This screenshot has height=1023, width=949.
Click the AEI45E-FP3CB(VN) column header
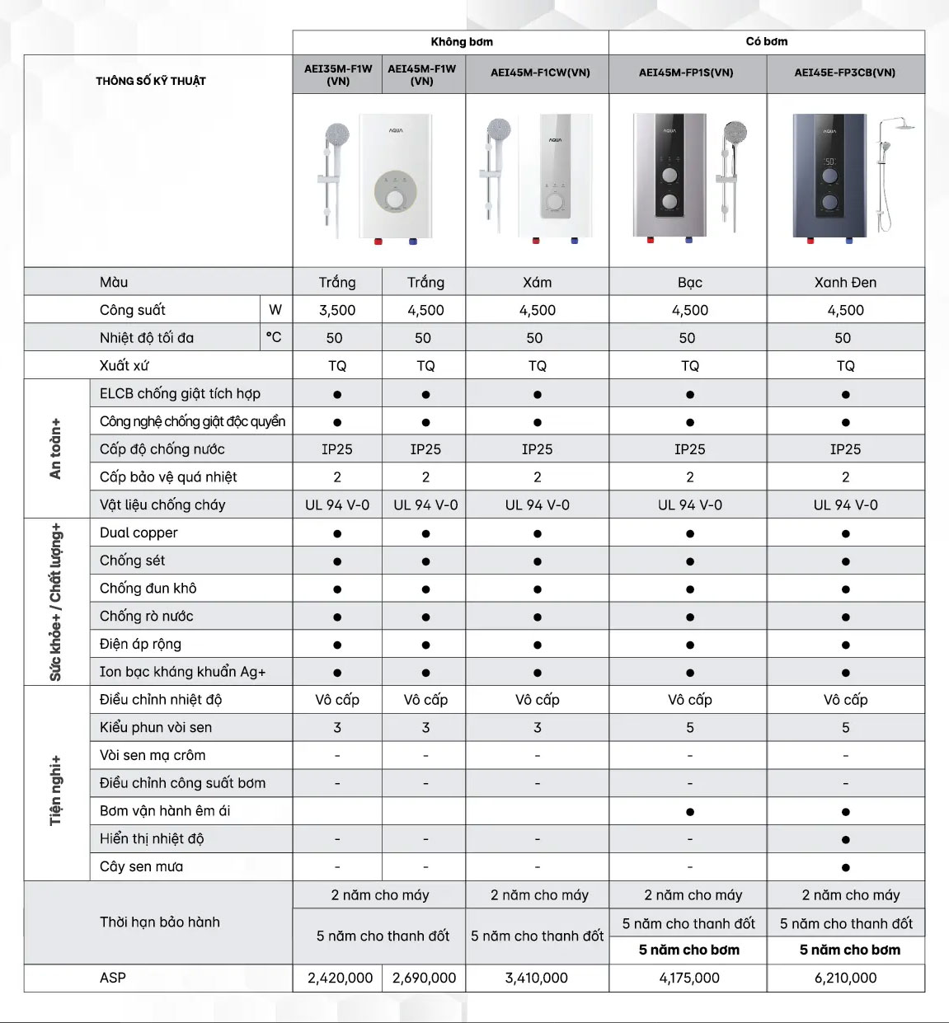[845, 73]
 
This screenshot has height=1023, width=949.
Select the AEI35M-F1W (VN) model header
[338, 74]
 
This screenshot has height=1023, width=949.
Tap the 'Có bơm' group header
[767, 41]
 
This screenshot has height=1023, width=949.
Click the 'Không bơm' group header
[462, 41]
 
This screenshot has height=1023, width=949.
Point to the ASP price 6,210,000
[845, 978]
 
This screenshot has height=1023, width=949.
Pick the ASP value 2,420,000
[341, 978]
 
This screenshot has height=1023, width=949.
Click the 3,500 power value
[337, 310]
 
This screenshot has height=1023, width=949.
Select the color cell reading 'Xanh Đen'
[845, 282]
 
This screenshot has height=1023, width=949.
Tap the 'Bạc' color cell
[690, 282]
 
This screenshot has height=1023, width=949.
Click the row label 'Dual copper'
[139, 533]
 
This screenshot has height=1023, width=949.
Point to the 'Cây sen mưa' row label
[142, 866]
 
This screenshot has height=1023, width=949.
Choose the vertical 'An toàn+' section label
[55, 448]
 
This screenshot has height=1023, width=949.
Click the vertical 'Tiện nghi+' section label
[55, 790]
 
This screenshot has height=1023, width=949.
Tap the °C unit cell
[274, 337]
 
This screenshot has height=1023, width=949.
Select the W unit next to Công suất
[275, 310]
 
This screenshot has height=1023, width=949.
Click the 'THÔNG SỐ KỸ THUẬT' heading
[151, 81]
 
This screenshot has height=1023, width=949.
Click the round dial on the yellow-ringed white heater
[396, 199]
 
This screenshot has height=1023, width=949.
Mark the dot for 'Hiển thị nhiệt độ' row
[846, 839]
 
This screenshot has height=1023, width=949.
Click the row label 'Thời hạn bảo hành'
[160, 922]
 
